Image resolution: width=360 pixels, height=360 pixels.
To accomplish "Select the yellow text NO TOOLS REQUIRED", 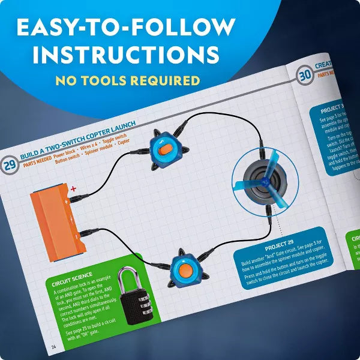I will coord(127,80).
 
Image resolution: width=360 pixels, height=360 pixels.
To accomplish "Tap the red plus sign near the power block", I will coord(74,190).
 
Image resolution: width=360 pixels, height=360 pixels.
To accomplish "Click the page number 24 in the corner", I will coord(53,346).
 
